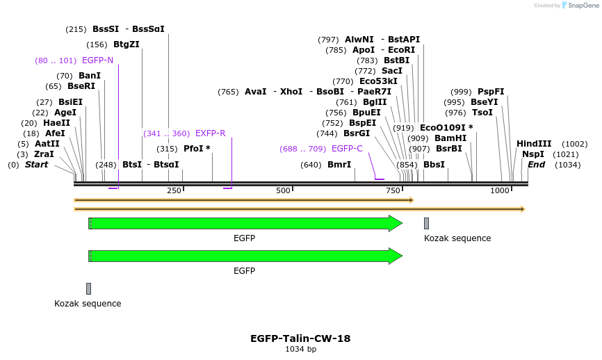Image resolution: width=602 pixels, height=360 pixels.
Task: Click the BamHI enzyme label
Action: pyautogui.click(x=450, y=138)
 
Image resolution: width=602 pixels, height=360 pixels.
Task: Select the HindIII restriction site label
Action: pyautogui.click(x=534, y=144)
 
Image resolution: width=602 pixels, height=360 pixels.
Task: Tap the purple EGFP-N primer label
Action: pyautogui.click(x=97, y=60)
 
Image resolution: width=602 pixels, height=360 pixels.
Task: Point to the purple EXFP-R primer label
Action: pyautogui.click(x=211, y=133)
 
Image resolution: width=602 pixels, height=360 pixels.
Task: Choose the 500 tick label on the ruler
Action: pyautogui.click(x=283, y=190)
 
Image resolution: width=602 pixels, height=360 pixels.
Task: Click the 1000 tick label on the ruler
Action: pyautogui.click(x=501, y=190)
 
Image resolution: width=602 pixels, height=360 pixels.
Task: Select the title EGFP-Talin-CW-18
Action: pyautogui.click(x=300, y=338)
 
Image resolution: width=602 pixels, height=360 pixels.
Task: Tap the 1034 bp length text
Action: pyautogui.click(x=300, y=350)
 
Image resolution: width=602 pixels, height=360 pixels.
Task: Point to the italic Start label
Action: pyautogui.click(x=37, y=165)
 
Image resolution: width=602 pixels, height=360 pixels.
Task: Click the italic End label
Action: pyautogui.click(x=536, y=165)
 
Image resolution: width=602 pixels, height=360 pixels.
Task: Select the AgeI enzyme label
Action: pyautogui.click(x=65, y=113)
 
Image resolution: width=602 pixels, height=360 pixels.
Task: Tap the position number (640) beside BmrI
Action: pyautogui.click(x=311, y=165)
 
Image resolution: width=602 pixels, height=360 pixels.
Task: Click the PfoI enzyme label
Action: pyautogui.click(x=197, y=149)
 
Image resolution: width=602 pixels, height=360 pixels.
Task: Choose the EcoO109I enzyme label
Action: pyautogui.click(x=446, y=128)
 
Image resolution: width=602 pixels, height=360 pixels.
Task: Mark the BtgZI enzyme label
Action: pyautogui.click(x=127, y=44)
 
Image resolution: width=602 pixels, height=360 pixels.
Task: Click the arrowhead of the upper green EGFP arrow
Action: pyautogui.click(x=396, y=224)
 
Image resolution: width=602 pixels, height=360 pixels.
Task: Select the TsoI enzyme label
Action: pyautogui.click(x=482, y=113)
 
